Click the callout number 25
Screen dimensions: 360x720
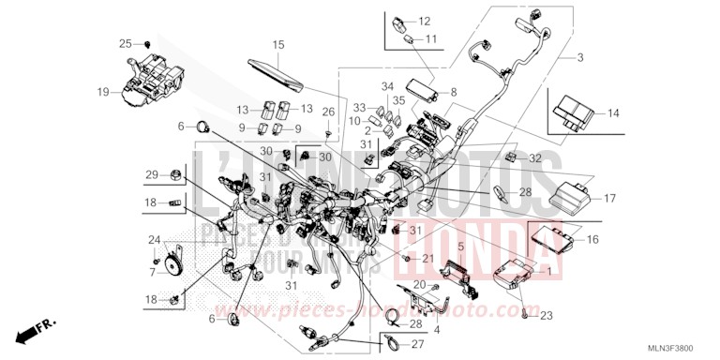pyautogui.click(x=126, y=43)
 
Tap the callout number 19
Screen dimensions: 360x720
pyautogui.click(x=103, y=92)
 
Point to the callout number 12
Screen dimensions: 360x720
pyautogui.click(x=424, y=20)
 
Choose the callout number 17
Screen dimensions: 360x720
pyautogui.click(x=608, y=198)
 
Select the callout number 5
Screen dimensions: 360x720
pyautogui.click(x=461, y=247)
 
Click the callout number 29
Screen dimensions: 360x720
pyautogui.click(x=151, y=174)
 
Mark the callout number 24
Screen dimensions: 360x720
pyautogui.click(x=155, y=240)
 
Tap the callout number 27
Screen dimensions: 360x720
pyautogui.click(x=417, y=343)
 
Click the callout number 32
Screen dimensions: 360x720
pyautogui.click(x=535, y=157)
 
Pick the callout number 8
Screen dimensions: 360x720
pyautogui.click(x=454, y=92)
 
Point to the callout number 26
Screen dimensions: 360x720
pyautogui.click(x=327, y=112)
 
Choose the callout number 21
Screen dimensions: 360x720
pyautogui.click(x=427, y=258)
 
